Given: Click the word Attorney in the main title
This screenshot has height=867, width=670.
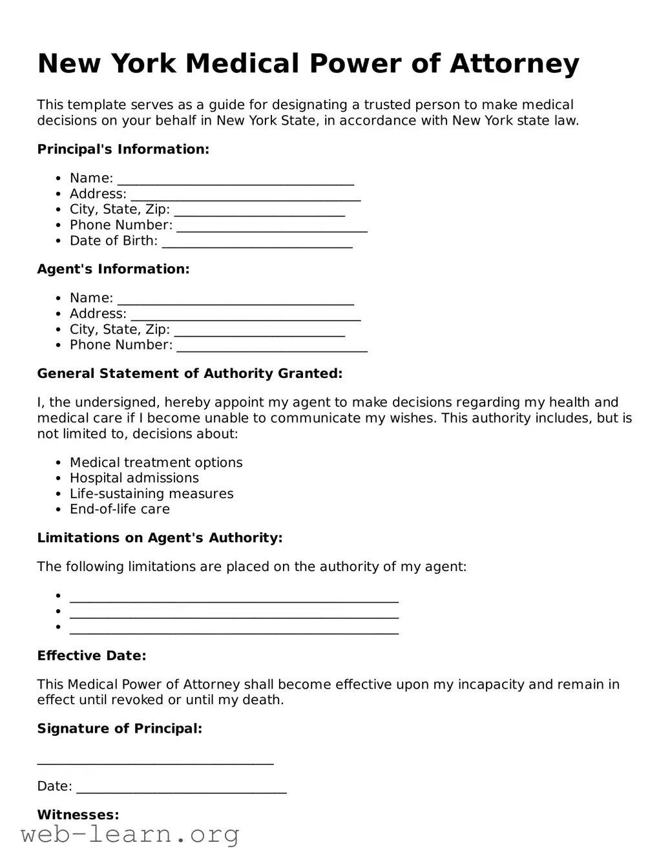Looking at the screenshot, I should [x=514, y=64].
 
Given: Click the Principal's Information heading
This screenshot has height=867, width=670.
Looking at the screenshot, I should [x=123, y=149].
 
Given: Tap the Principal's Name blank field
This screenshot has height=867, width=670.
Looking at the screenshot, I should [x=235, y=180].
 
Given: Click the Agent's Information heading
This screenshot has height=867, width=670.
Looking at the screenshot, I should [x=113, y=269].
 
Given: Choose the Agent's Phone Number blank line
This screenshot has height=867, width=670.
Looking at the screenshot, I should [x=271, y=346].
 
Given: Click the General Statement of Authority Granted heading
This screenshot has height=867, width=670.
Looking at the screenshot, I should [x=189, y=373].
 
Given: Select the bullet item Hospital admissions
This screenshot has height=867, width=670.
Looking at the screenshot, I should [x=134, y=478].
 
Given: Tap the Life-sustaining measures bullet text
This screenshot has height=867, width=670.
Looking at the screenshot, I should [x=151, y=494].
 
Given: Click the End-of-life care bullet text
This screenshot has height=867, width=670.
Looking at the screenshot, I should [x=120, y=509].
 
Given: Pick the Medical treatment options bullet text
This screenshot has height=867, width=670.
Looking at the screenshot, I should [x=156, y=463].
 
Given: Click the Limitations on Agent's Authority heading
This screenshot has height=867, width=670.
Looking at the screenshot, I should [x=160, y=538].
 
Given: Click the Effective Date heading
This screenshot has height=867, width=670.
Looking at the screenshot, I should [x=91, y=656].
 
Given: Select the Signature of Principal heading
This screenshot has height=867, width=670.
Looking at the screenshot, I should [x=120, y=729].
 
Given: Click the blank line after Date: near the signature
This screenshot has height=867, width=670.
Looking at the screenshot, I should [x=181, y=788].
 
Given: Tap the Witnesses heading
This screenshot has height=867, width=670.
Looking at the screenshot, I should [x=78, y=815].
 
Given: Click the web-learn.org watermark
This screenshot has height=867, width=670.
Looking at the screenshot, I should [x=130, y=835].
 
